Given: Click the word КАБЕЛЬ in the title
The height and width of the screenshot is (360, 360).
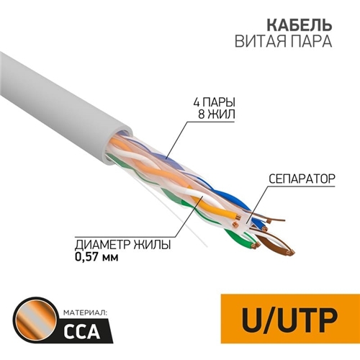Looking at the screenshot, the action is pos(300,25).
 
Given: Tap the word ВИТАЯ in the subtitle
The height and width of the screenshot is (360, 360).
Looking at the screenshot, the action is pos(261,41).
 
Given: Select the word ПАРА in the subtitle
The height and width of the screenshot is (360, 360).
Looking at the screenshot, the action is pos(312,41).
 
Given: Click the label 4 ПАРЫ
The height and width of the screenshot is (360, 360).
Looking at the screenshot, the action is pos(214,102).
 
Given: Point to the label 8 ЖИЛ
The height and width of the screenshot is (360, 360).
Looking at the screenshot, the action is pos(217,114).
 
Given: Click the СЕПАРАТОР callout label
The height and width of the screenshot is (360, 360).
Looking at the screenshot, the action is pos(302,179).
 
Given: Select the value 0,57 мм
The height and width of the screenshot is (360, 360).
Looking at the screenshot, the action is pos(96,257).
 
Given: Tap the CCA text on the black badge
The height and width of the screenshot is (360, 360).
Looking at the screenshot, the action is pos(81,331).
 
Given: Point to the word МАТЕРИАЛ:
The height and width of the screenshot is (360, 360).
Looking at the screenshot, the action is pos(86,313).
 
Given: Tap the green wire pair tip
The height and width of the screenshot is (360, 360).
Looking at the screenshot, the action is pos(254,246).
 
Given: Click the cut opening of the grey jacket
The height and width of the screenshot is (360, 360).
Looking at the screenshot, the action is pos(117,146).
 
